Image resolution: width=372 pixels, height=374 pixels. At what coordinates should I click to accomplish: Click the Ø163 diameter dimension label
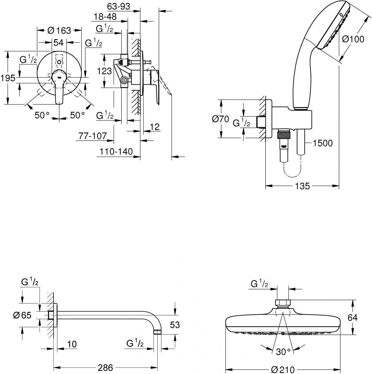tap(59, 30)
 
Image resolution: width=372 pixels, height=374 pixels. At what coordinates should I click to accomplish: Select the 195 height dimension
tap(8, 78)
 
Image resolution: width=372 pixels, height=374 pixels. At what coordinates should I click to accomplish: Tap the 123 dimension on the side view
tap(105, 71)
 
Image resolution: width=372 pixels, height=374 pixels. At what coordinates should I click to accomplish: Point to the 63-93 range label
tap(118, 6)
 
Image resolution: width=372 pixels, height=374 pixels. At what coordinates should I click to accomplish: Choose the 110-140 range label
tap(116, 151)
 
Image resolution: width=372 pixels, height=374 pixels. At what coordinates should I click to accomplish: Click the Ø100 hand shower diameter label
tap(353, 39)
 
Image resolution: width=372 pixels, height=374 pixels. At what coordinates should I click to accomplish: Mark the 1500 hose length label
tap(323, 143)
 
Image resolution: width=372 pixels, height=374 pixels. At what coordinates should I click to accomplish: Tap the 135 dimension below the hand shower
tap(303, 186)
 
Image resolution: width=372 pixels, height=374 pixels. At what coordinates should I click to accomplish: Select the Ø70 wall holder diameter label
tap(221, 119)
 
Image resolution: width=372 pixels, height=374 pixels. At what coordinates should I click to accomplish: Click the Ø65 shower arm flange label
tap(22, 315)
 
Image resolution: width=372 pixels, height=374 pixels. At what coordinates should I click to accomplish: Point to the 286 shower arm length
tap(105, 368)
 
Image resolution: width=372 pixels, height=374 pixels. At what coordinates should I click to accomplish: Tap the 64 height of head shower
tap(353, 318)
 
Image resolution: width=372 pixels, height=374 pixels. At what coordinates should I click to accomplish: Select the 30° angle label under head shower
tap(283, 352)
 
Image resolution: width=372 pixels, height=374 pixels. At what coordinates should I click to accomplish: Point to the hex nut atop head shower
tap(282, 303)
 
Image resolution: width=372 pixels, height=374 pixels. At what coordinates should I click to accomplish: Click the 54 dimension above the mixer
tap(58, 42)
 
